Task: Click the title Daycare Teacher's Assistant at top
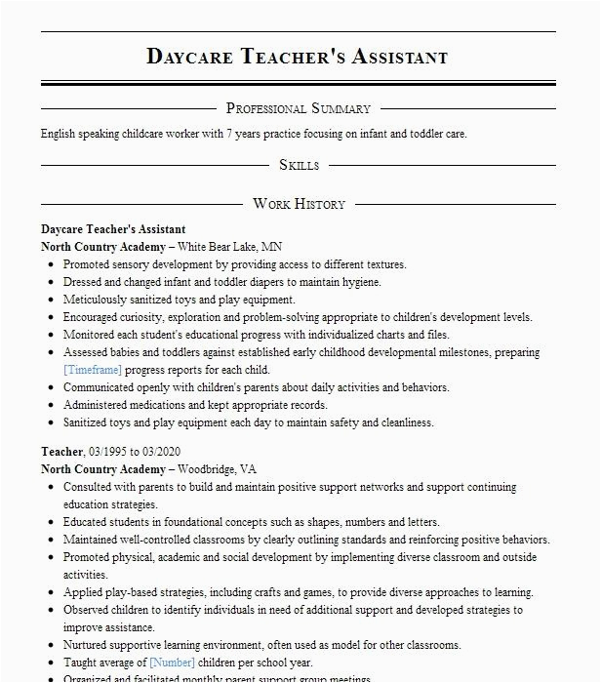298,56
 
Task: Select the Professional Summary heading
299,108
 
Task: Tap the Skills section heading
299,165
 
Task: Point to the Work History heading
299,204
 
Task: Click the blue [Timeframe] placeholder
93,371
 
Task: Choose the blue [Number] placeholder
172,663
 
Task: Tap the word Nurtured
88,645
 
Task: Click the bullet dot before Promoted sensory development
50,265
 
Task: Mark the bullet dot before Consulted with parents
50,487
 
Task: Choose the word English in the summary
60,134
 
